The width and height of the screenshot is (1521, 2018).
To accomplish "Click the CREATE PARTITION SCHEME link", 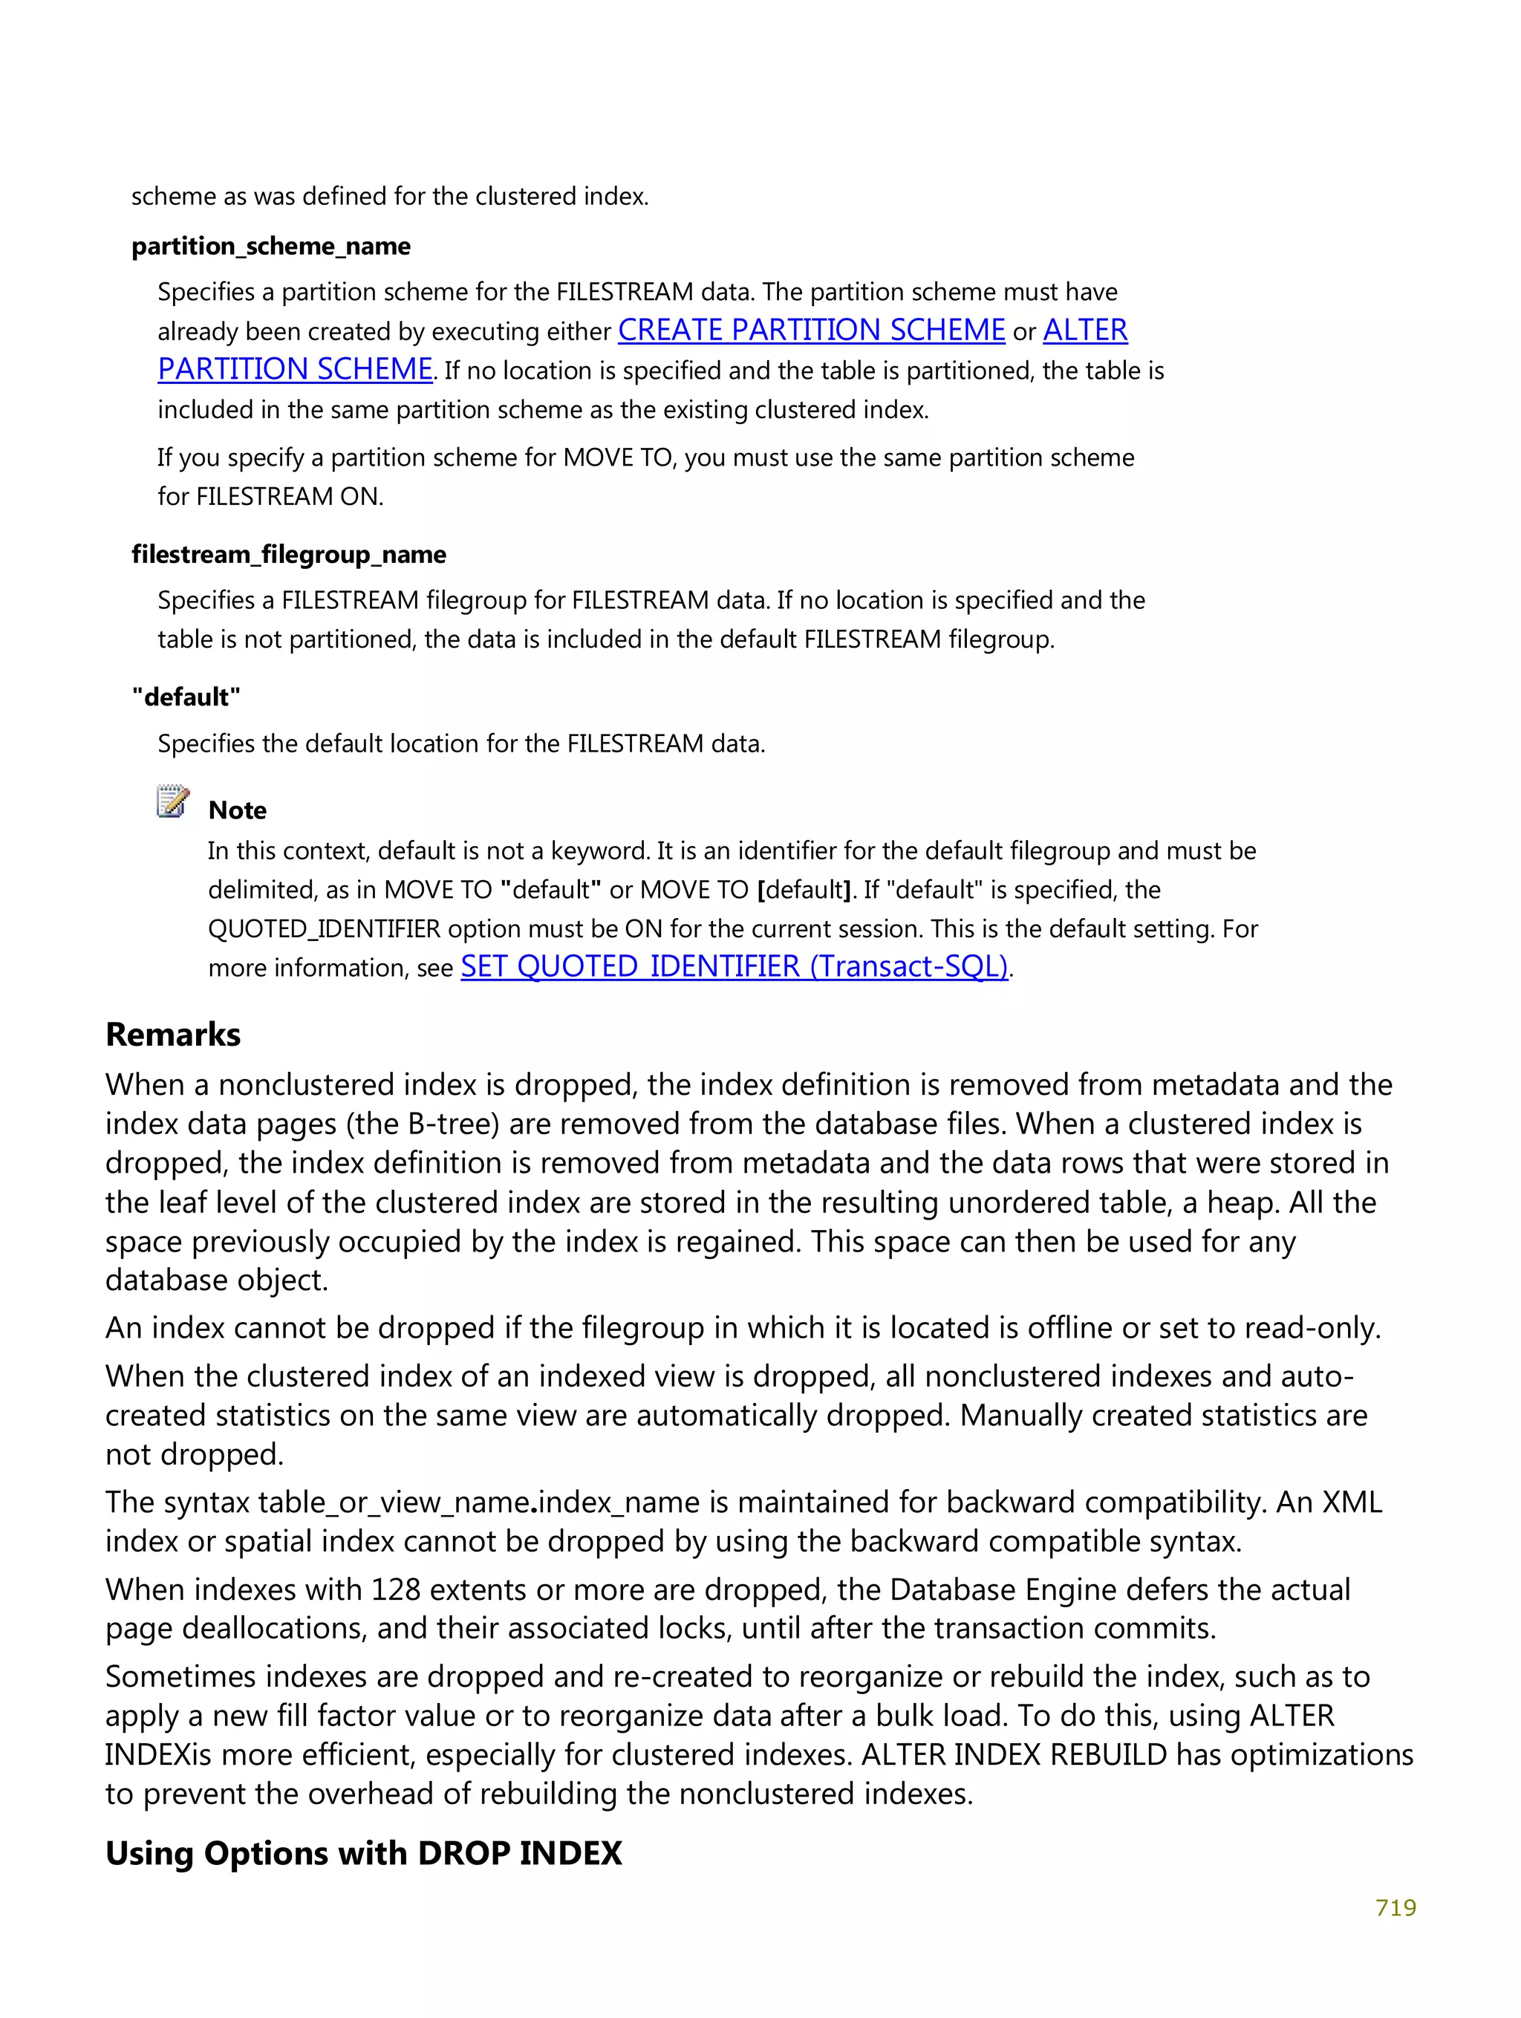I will [810, 331].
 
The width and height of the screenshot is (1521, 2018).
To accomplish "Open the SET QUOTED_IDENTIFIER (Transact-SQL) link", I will [734, 966].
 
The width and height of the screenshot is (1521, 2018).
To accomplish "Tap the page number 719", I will [1394, 1907].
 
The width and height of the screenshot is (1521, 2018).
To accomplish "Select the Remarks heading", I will [172, 1035].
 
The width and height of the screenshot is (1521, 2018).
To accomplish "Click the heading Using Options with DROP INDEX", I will [363, 1853].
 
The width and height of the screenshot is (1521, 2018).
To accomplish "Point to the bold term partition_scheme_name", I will [270, 247].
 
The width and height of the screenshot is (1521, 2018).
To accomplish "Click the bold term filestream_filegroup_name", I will [288, 555].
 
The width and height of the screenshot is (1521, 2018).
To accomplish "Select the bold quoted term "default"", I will [186, 697].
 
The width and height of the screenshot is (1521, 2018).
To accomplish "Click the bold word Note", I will [237, 810].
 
